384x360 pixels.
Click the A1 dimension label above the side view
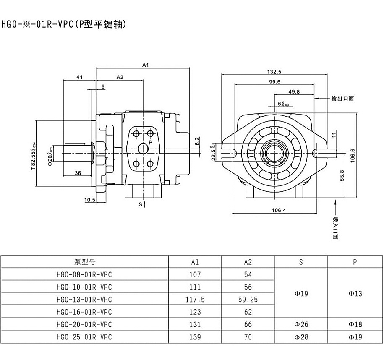pyautogui.click(x=146, y=65)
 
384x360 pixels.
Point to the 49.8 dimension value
pyautogui.click(x=294, y=92)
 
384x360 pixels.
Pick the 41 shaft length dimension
pyautogui.click(x=79, y=77)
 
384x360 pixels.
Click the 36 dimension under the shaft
pyautogui.click(x=78, y=172)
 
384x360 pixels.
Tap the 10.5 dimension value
pyautogui.click(x=90, y=200)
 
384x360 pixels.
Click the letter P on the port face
pyautogui.click(x=150, y=142)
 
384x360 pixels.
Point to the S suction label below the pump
pyautogui.click(x=140, y=204)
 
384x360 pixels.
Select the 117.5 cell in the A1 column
pyautogui.click(x=195, y=300)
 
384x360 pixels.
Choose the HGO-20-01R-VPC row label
pyautogui.click(x=84, y=324)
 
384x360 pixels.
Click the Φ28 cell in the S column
pyautogui.click(x=301, y=337)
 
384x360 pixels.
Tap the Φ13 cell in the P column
pyautogui.click(x=355, y=294)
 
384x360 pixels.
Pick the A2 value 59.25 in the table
pyautogui.click(x=248, y=300)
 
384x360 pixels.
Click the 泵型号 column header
pyautogui.click(x=84, y=262)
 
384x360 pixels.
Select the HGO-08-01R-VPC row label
pyautogui.click(x=84, y=275)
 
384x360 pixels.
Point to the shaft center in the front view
pyautogui.click(x=275, y=151)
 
